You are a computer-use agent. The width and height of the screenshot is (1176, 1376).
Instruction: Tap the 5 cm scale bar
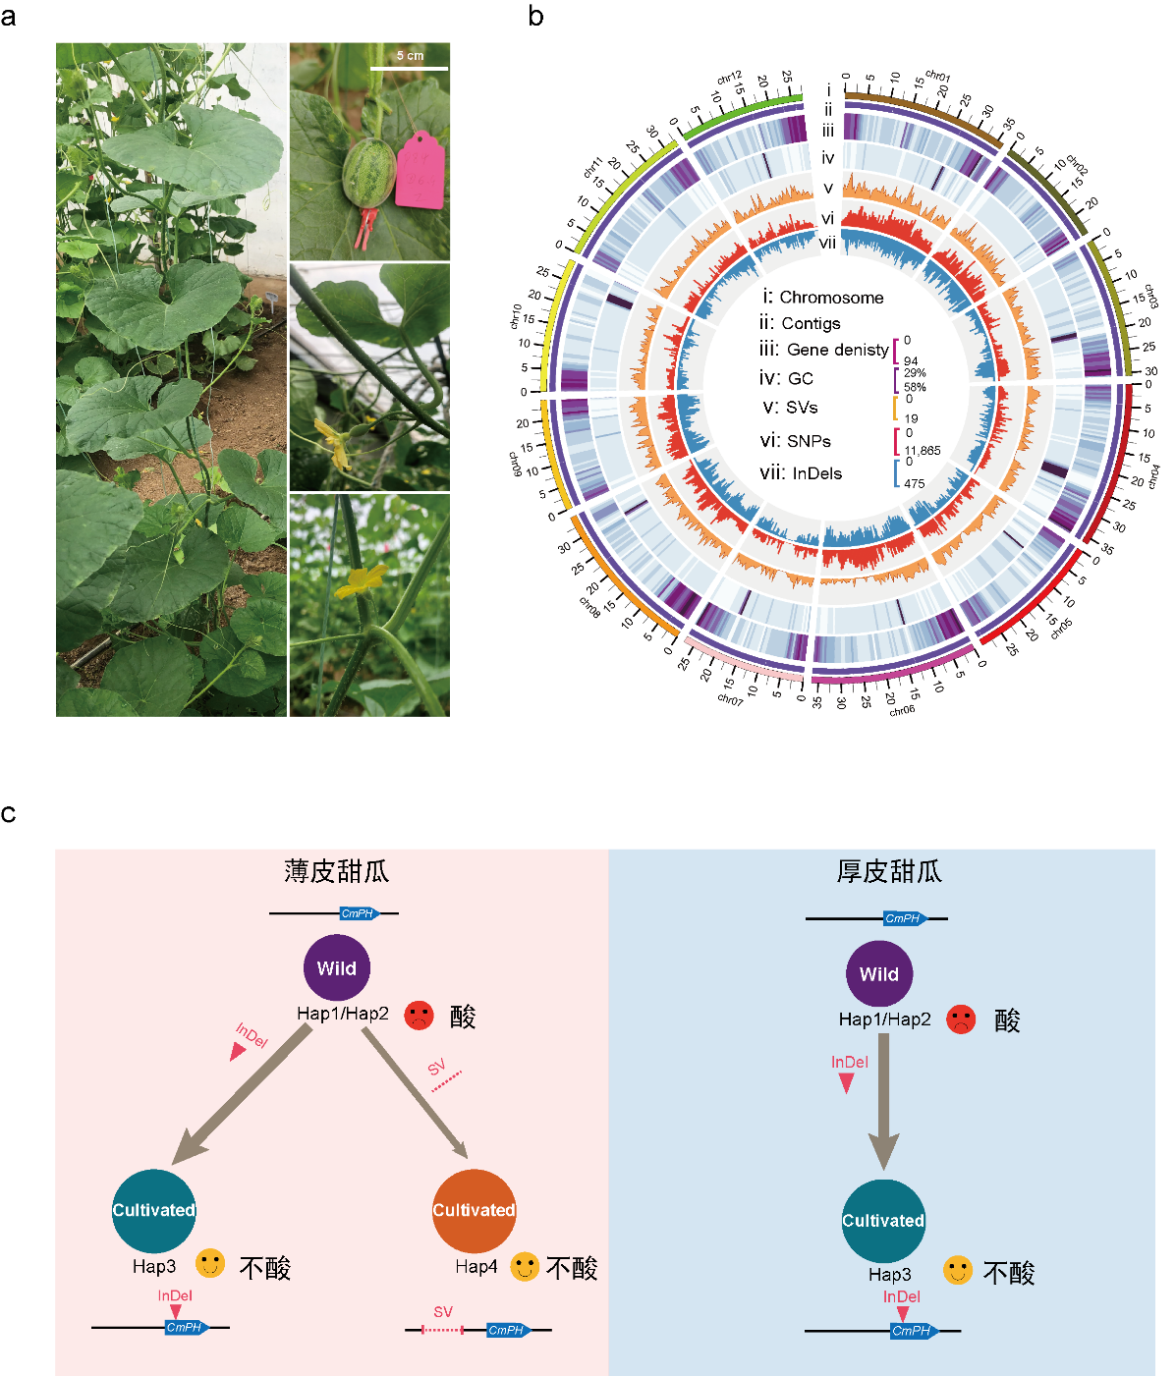409,68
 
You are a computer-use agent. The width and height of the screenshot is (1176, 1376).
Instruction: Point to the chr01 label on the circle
938,77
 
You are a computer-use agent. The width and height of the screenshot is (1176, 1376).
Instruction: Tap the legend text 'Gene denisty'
837,350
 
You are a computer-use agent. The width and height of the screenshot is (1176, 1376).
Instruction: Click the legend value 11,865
923,451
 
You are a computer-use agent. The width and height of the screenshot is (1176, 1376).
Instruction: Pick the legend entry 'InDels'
816,473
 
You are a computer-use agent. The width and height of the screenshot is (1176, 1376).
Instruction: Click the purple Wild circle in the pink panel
337,968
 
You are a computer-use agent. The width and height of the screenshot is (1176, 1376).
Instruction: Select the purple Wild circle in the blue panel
879,974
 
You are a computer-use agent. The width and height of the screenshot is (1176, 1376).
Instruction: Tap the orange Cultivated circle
474,1210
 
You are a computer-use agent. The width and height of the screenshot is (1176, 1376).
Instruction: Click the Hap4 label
476,1267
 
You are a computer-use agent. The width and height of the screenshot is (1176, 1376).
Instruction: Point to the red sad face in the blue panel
961,1019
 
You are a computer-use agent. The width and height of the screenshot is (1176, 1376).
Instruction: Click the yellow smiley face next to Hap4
525,1267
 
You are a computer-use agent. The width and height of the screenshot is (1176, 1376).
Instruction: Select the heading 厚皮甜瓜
889,871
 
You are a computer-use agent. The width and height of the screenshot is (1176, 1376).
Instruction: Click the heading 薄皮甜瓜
337,871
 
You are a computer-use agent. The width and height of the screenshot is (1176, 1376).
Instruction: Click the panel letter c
9,814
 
